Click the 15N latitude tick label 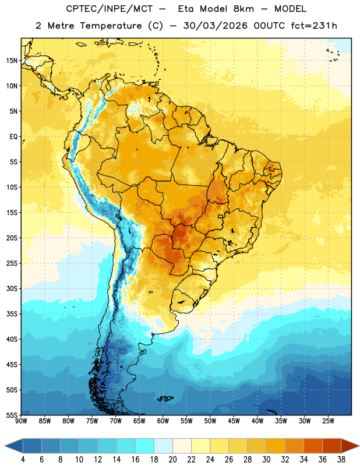click(x=12, y=61)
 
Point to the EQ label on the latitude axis click(x=13, y=137)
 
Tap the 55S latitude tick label click(x=12, y=415)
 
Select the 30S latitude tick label click(x=12, y=288)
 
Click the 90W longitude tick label click(x=21, y=421)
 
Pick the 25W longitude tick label click(x=328, y=421)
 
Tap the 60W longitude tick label click(x=163, y=421)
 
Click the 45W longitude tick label click(x=234, y=421)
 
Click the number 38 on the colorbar click(x=341, y=460)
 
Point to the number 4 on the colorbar click(x=23, y=460)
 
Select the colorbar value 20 click(x=172, y=460)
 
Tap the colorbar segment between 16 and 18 click(x=145, y=446)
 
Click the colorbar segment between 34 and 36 click(x=313, y=446)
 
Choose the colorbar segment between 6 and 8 click(x=51, y=446)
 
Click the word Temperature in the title click(x=111, y=26)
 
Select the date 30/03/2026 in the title click(x=215, y=26)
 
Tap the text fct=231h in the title click(x=314, y=26)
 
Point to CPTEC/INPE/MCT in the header click(x=110, y=9)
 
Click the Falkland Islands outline click(x=165, y=398)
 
